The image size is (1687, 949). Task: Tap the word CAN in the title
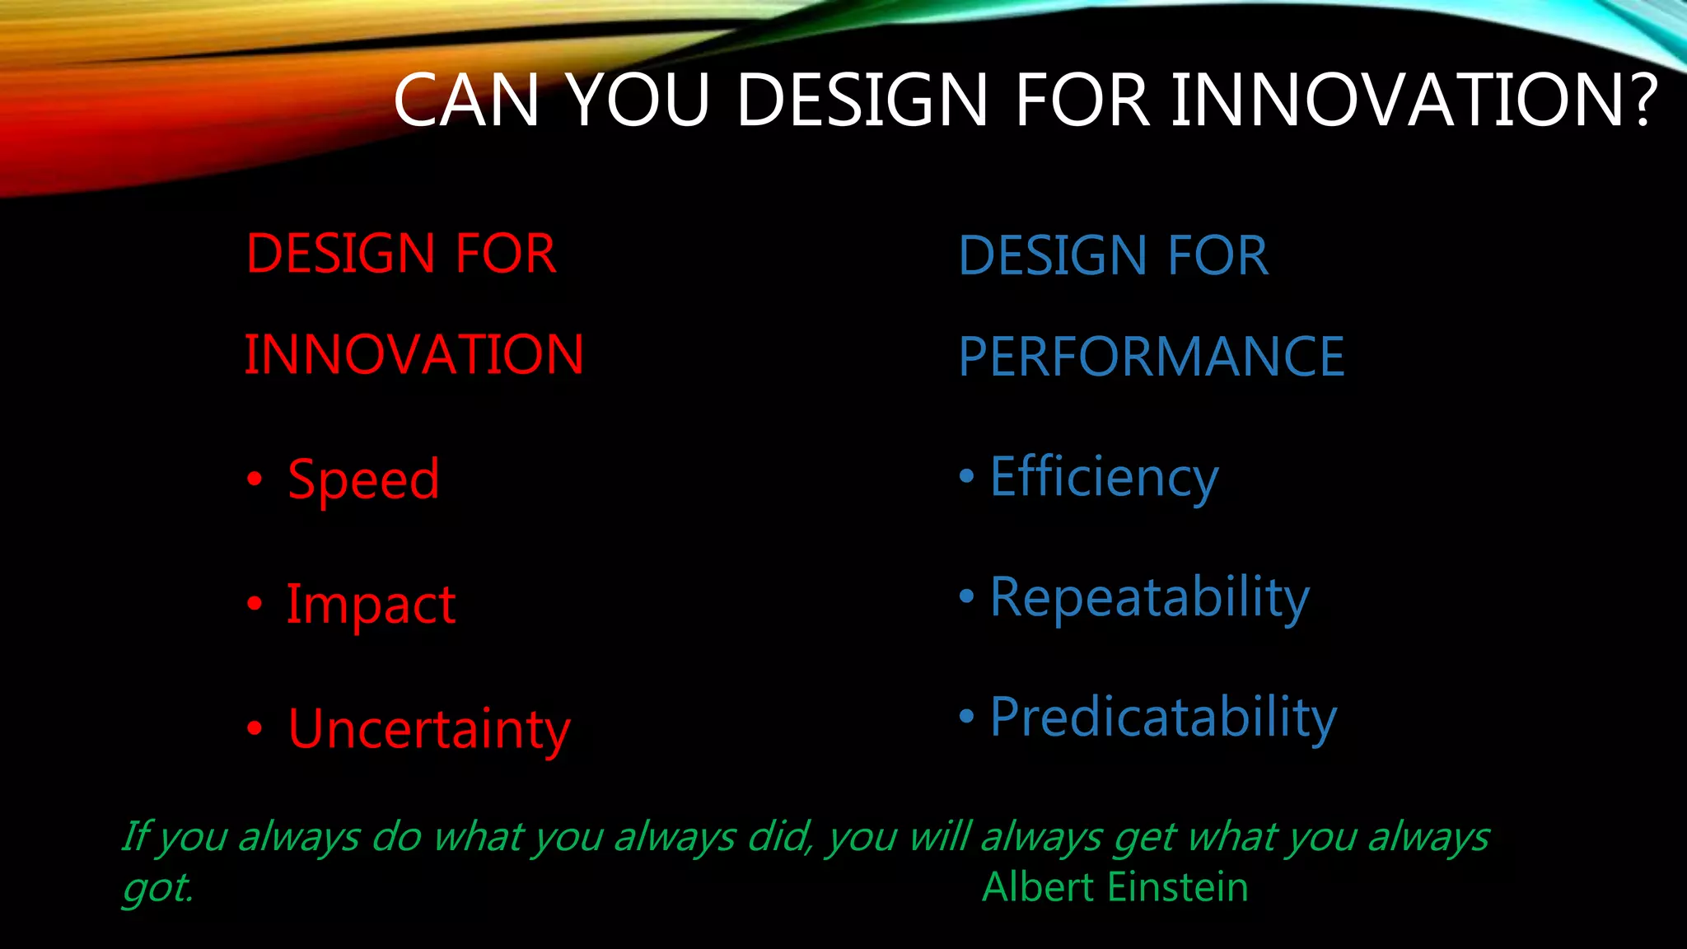[466, 101]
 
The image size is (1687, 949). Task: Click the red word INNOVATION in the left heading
[414, 355]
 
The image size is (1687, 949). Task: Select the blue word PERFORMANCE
[1151, 357]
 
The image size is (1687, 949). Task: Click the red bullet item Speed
[363, 480]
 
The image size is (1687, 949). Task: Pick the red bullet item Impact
[371, 605]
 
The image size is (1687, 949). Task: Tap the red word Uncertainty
[428, 730]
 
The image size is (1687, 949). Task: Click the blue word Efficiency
[1104, 478]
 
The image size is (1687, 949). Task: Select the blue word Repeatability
[1149, 597]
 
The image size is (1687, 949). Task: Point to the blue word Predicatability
[1163, 718]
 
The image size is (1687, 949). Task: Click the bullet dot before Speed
[255, 479]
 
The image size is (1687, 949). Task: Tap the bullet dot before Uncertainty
[255, 728]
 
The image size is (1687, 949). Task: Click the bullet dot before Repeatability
[966, 596]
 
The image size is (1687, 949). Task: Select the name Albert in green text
[1040, 888]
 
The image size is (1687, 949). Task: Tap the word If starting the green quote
[136, 837]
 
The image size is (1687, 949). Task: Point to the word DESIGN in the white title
[861, 101]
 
